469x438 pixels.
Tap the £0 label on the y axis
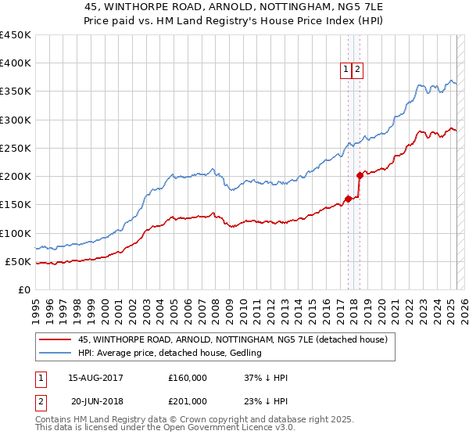pyautogui.click(x=24, y=289)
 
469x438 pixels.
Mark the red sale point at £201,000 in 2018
pyautogui.click(x=360, y=175)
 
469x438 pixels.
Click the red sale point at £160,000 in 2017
pyautogui.click(x=348, y=199)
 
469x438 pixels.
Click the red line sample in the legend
pyautogui.click(x=55, y=339)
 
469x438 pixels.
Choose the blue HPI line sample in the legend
pyautogui.click(x=55, y=353)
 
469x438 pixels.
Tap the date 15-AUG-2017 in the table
pyautogui.click(x=95, y=378)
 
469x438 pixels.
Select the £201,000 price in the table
pyautogui.click(x=187, y=401)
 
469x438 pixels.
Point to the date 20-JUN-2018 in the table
pyautogui.click(x=95, y=401)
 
